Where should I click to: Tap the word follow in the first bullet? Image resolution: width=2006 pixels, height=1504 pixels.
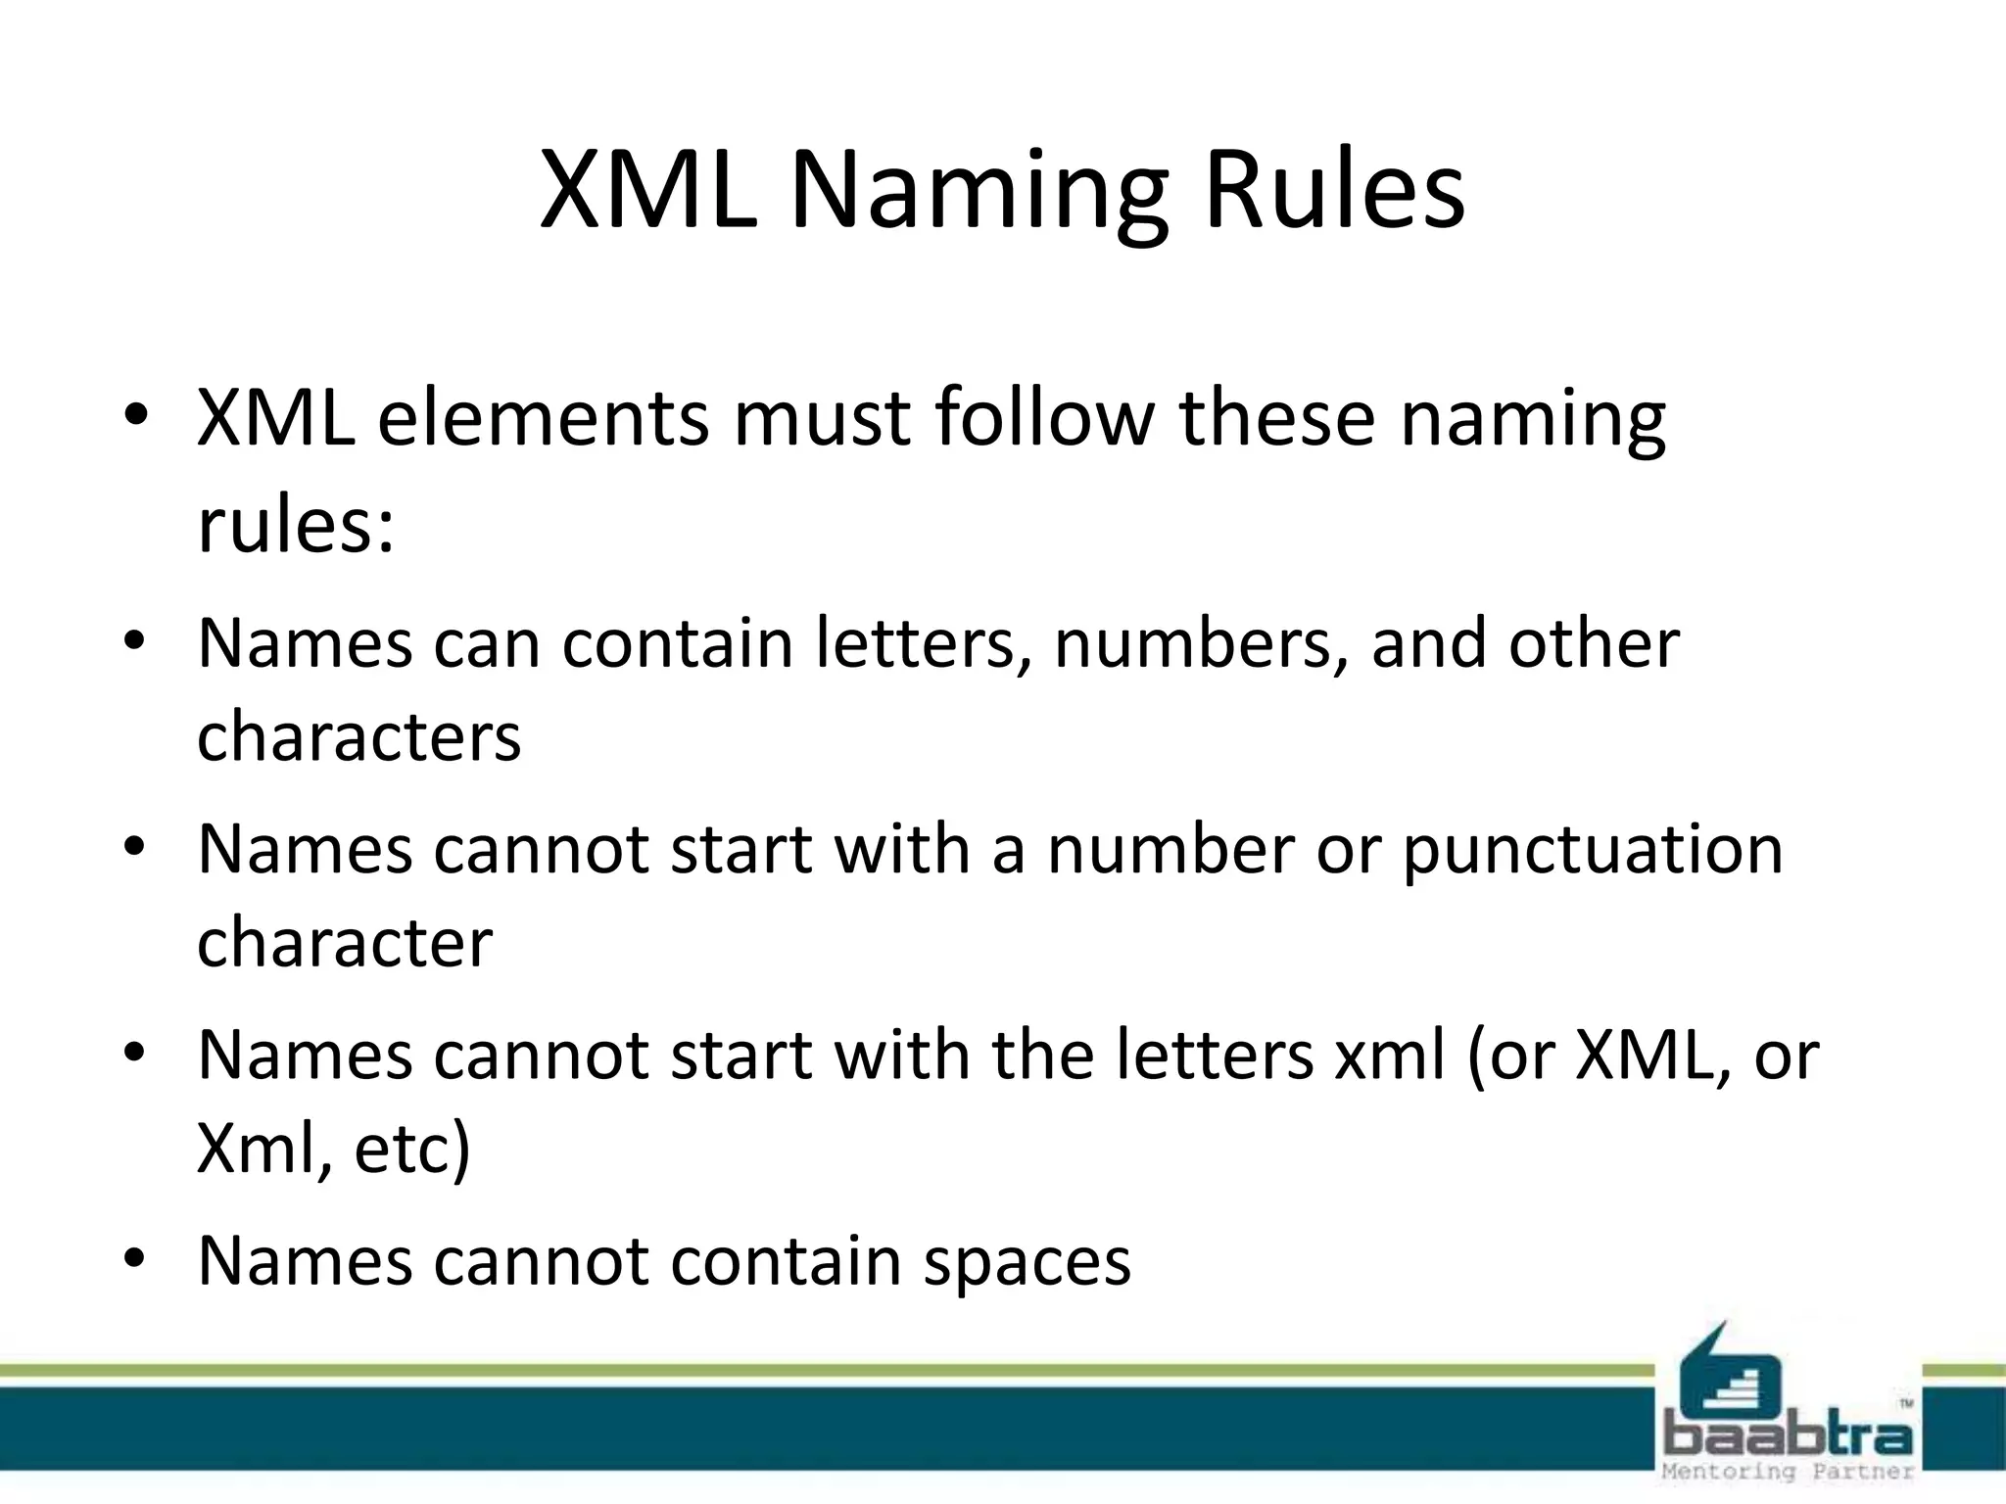(1044, 418)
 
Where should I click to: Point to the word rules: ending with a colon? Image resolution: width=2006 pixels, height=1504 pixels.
(296, 524)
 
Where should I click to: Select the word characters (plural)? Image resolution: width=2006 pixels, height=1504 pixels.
(358, 736)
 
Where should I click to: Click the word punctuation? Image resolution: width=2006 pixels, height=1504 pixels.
(1593, 849)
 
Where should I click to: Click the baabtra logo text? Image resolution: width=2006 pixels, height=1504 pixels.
(1788, 1436)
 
